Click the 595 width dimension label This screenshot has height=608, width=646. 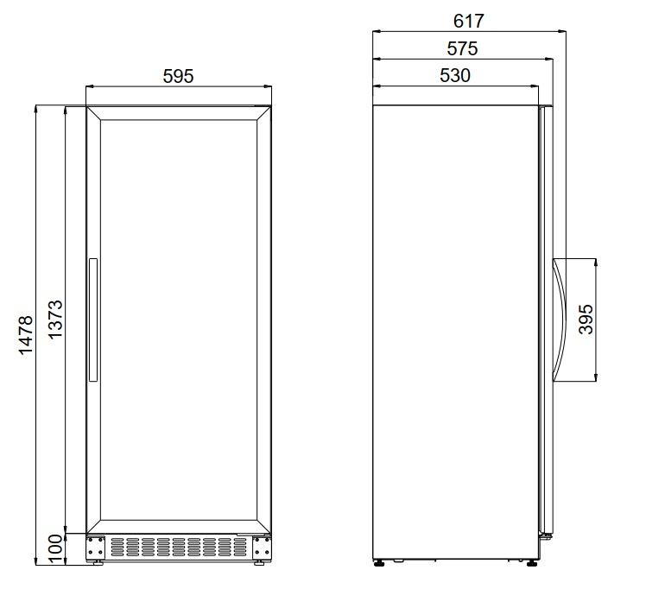tap(178, 76)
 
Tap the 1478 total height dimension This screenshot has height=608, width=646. tap(26, 335)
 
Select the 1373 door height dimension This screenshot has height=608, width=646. tap(55, 320)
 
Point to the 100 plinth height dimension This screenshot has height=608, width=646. tap(55, 548)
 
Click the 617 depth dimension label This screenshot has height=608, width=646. tap(468, 21)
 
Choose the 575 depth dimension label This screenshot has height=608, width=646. tap(462, 48)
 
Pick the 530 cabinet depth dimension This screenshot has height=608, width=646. tap(455, 75)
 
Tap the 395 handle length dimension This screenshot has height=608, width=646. tap(586, 320)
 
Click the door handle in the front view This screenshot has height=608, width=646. tap(93, 320)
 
